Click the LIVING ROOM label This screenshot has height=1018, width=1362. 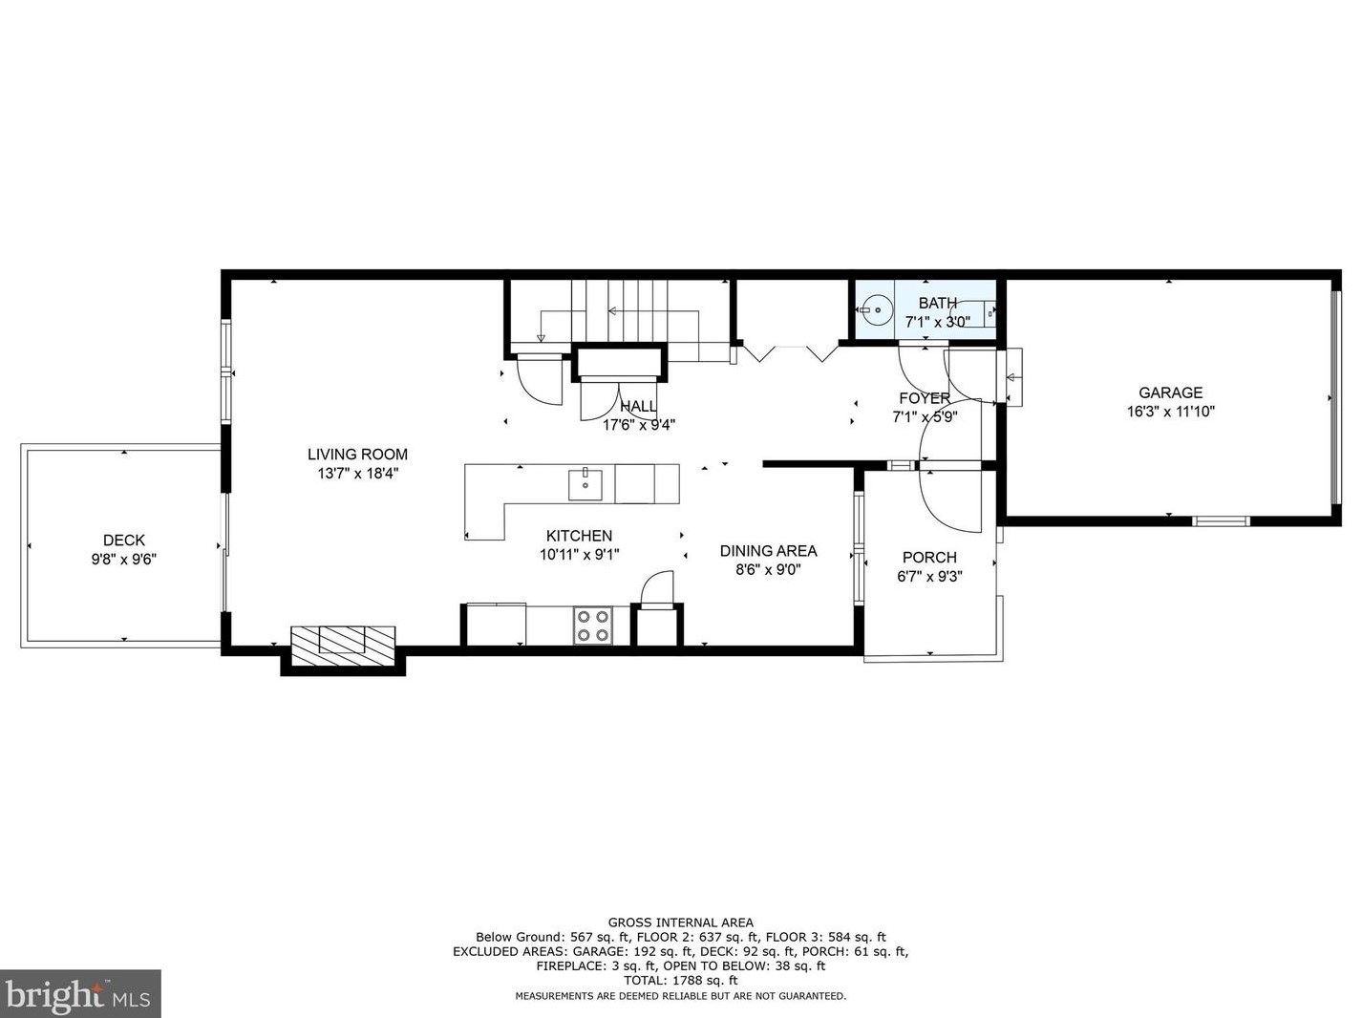357,455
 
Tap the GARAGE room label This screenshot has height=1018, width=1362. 1170,392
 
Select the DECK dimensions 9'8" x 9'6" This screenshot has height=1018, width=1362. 124,559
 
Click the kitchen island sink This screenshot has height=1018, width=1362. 585,484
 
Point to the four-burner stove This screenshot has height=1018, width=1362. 592,626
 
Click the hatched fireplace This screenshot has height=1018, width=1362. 343,647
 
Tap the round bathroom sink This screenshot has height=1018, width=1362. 878,309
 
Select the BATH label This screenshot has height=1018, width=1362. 938,303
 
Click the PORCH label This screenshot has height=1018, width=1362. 929,557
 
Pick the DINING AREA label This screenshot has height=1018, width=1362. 768,550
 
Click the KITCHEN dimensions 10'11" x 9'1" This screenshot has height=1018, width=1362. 580,554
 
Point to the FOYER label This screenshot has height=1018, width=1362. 925,397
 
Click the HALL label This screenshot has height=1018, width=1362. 638,406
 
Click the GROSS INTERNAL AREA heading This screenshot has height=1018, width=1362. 681,923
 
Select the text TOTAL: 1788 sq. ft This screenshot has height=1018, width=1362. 681,981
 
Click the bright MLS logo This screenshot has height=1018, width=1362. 80,994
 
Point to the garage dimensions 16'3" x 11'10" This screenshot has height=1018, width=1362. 1170,412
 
